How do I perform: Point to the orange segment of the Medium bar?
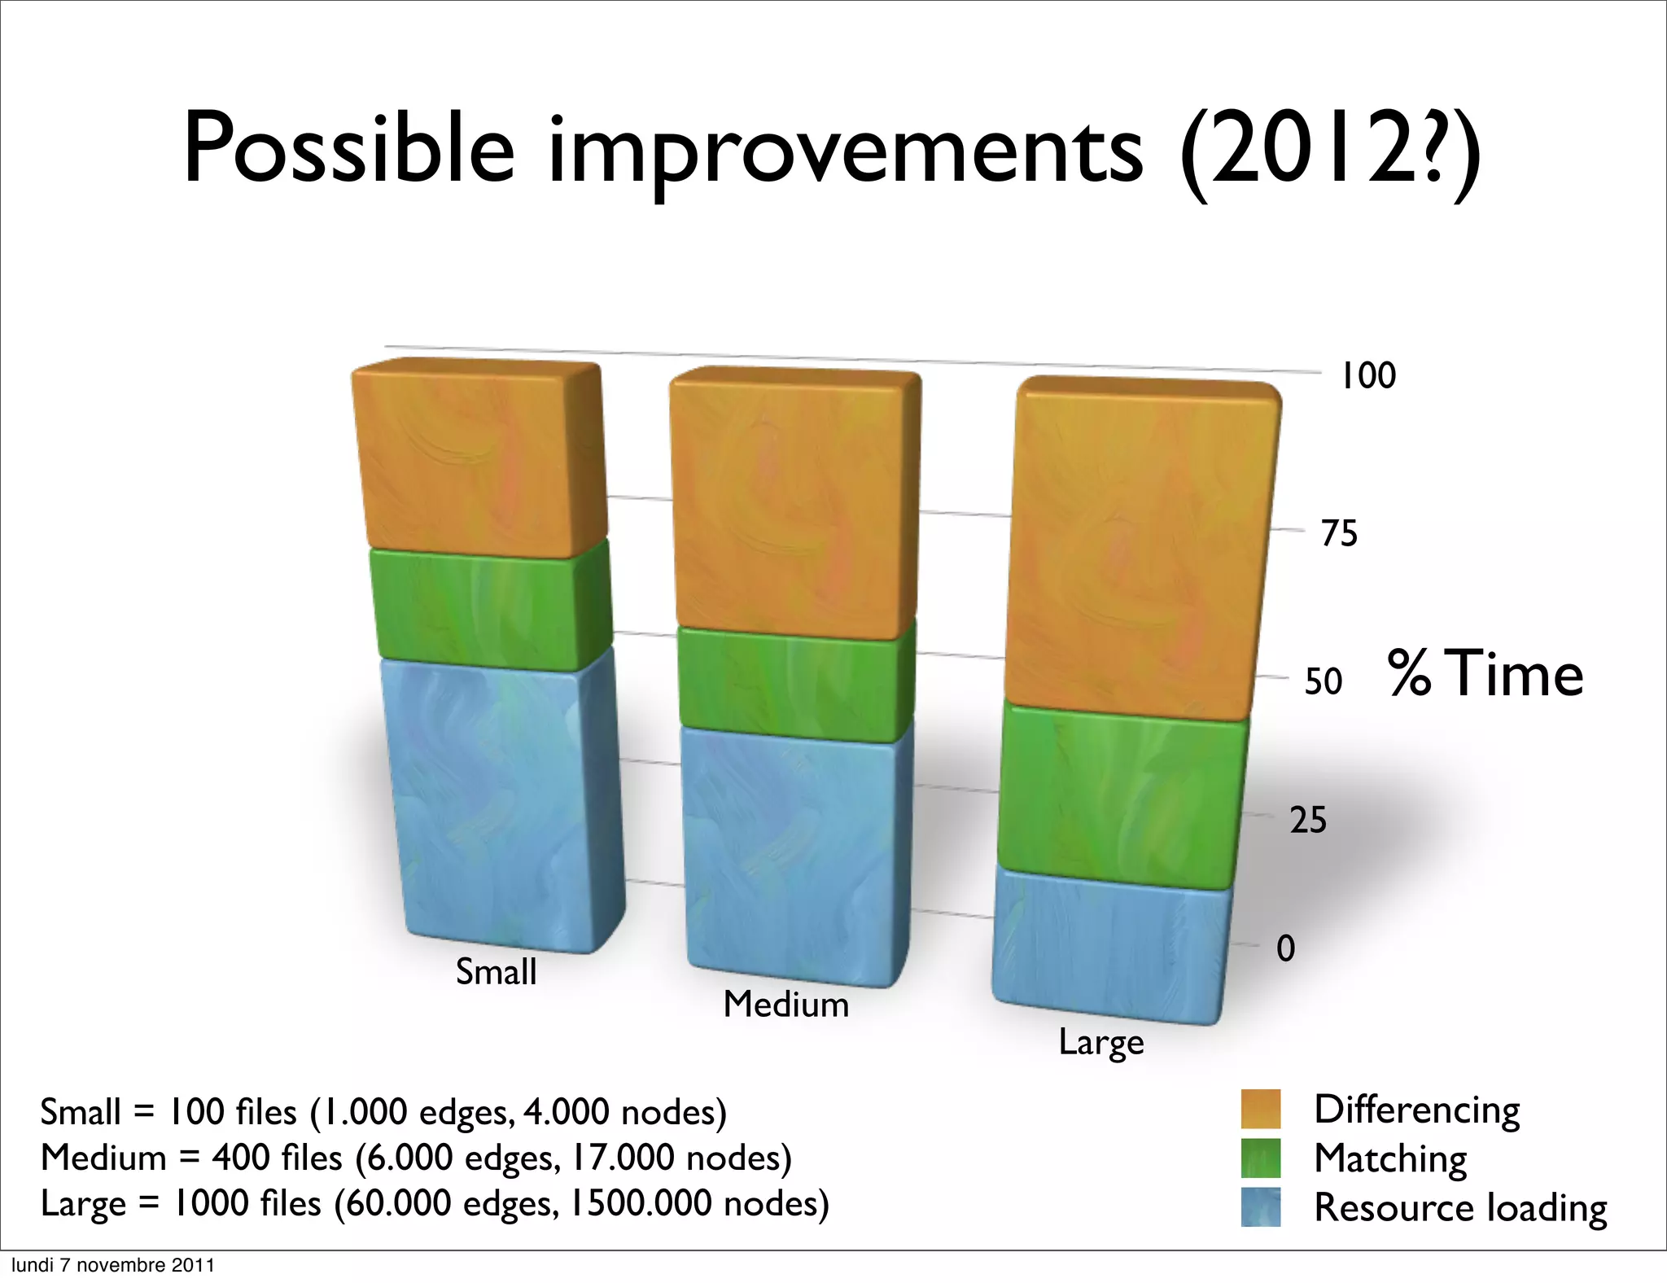794,505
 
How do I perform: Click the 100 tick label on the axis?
1367,376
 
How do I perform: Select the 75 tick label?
1339,533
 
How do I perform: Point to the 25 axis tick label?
1308,820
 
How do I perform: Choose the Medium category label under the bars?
785,1004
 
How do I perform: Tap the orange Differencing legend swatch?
1260,1109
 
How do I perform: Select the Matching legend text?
1390,1158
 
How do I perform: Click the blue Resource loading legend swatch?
1260,1206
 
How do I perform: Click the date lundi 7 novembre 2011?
112,1265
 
